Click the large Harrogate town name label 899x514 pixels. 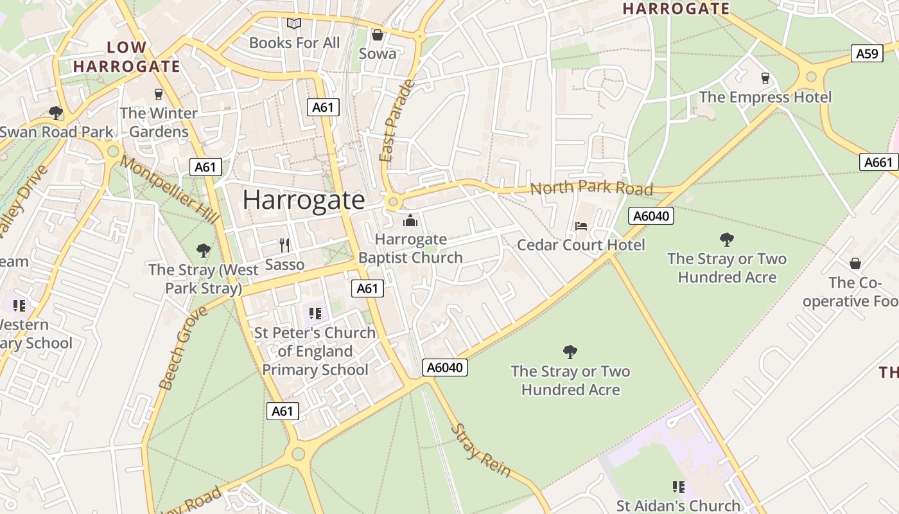pyautogui.click(x=304, y=200)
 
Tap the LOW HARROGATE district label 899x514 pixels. pyautogui.click(x=127, y=57)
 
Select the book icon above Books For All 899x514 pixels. pyautogui.click(x=294, y=24)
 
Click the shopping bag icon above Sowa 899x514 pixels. pyautogui.click(x=378, y=35)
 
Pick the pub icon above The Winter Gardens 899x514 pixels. pyautogui.click(x=159, y=94)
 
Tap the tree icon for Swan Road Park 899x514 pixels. pyautogui.click(x=56, y=113)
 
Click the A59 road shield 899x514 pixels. pyautogui.click(x=867, y=53)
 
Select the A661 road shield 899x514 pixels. pyautogui.click(x=878, y=162)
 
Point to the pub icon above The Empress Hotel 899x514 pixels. pyautogui.click(x=765, y=78)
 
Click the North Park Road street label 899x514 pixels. pyautogui.click(x=591, y=188)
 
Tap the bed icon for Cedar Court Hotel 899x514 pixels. pyautogui.click(x=580, y=226)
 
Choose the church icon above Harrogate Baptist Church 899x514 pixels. pyautogui.click(x=410, y=222)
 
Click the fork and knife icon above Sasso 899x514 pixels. pyautogui.click(x=285, y=245)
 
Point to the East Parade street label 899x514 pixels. pyautogui.click(x=396, y=121)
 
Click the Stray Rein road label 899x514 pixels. pyautogui.click(x=481, y=450)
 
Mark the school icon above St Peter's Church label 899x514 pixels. pyautogui.click(x=315, y=314)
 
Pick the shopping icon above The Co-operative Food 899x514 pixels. pyautogui.click(x=855, y=263)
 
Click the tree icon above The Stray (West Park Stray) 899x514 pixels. pyautogui.click(x=204, y=250)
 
